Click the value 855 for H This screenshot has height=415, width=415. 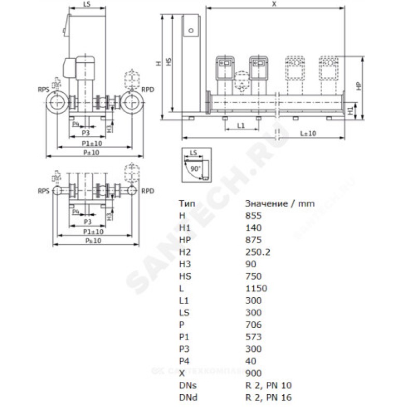(253, 216)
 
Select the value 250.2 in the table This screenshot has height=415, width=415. (258, 252)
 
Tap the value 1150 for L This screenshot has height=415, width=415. (256, 288)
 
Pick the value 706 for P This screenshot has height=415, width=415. (253, 325)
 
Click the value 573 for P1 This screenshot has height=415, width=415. (253, 337)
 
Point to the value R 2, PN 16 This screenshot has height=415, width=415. (268, 397)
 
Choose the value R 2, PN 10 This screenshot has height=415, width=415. (268, 385)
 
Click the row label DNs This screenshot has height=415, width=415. (188, 385)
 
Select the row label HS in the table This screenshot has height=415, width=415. (185, 276)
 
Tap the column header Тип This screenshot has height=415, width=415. (187, 203)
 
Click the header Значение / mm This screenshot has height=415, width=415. (280, 203)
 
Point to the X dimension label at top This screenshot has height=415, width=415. (274, 4)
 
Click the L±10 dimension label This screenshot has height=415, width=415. (308, 133)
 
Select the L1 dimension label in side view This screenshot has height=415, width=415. (241, 126)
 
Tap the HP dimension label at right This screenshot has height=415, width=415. (358, 86)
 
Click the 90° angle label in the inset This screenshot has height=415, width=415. (196, 169)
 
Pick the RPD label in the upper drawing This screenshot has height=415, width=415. (148, 90)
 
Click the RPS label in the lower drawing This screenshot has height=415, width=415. (44, 191)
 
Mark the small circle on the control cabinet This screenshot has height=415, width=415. (191, 31)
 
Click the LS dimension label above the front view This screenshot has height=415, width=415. (87, 4)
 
